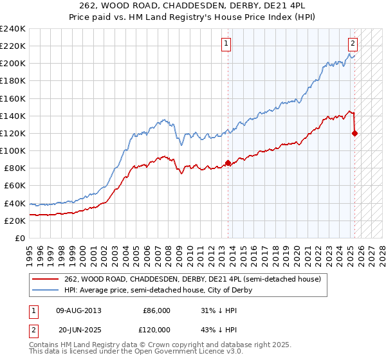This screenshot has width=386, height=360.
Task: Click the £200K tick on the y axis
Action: [12, 64]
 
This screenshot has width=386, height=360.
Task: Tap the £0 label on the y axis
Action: [20, 238]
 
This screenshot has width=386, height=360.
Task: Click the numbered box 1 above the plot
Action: [227, 44]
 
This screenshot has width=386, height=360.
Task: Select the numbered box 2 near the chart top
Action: [353, 44]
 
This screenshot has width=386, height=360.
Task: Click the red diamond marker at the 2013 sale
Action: [228, 163]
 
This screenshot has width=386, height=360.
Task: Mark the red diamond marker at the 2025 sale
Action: [354, 133]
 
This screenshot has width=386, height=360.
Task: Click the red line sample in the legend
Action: [45, 279]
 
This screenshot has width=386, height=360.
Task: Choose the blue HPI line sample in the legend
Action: [45, 290]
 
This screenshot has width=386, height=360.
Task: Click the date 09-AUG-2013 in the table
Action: [79, 310]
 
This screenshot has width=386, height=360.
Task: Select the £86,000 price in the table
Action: [156, 310]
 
